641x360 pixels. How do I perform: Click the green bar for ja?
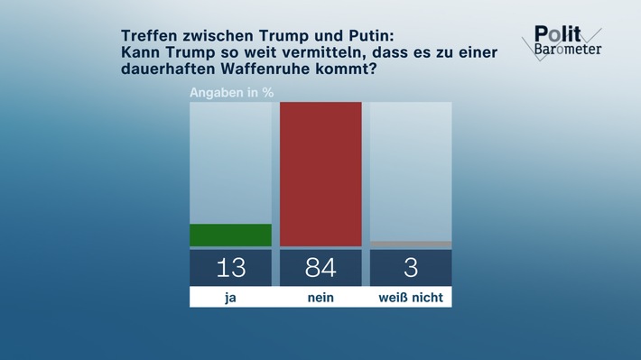(x=230, y=235)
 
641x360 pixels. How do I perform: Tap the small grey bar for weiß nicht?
(x=411, y=244)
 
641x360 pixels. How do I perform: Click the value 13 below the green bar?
(x=230, y=268)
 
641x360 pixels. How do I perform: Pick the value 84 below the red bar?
(x=320, y=268)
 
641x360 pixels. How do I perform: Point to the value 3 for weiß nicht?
(x=411, y=268)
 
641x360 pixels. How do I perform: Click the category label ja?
(x=230, y=297)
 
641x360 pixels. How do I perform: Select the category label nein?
(x=320, y=297)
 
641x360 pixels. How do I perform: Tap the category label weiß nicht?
(x=411, y=297)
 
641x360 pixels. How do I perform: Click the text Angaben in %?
(x=231, y=92)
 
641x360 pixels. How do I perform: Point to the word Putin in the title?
(x=367, y=35)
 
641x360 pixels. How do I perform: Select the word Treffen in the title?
(x=150, y=35)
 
